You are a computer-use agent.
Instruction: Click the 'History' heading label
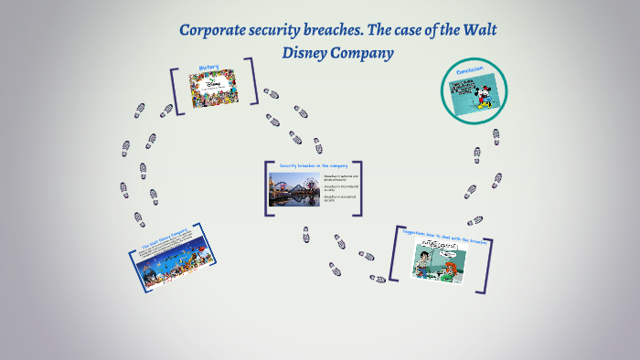[x=208, y=68]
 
